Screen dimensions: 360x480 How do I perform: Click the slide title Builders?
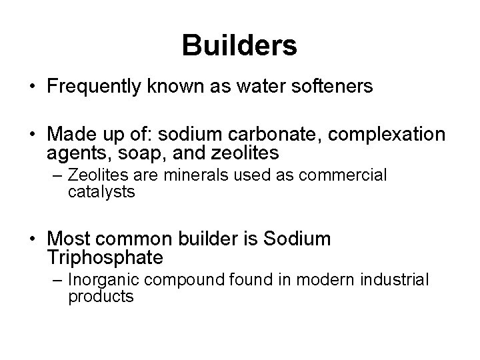coord(239,45)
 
